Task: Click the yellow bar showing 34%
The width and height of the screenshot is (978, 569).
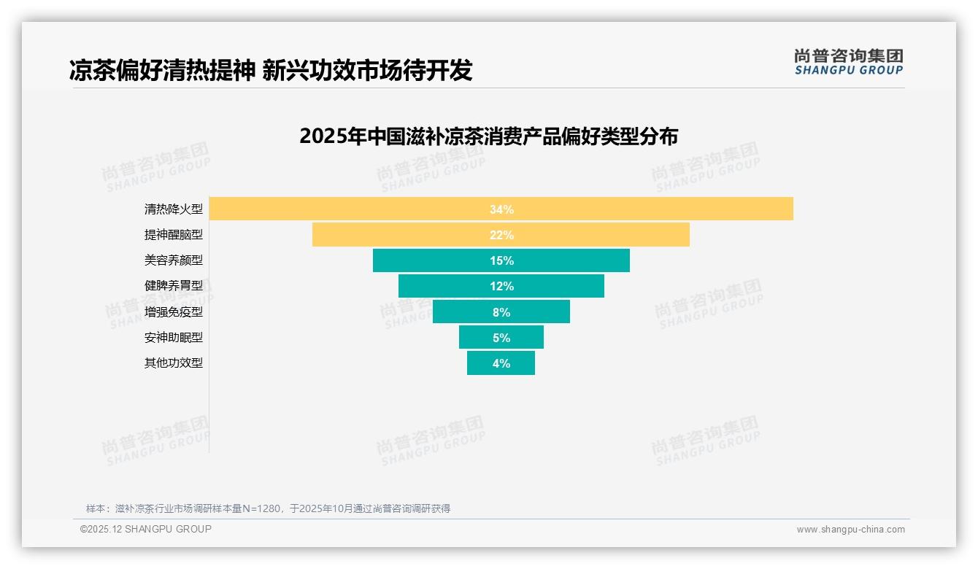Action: tap(501, 209)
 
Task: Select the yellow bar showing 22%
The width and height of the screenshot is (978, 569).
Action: tap(501, 235)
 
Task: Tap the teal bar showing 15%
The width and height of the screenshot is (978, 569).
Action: tap(501, 260)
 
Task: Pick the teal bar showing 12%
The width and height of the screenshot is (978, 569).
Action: tap(501, 286)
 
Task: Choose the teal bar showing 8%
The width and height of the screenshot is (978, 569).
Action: tap(501, 311)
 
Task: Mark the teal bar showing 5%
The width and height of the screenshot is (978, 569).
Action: tap(501, 337)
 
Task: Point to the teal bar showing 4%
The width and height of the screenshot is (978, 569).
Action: tap(501, 363)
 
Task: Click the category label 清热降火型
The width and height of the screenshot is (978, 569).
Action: tap(174, 209)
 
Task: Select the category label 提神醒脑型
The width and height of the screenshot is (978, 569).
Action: tap(174, 235)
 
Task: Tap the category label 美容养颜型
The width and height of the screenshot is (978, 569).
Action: tap(174, 260)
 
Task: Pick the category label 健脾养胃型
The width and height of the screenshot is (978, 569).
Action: tap(174, 286)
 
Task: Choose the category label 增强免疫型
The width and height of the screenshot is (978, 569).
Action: tap(174, 312)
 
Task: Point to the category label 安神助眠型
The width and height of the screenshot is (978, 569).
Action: tap(174, 338)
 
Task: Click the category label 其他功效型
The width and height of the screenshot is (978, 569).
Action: tap(174, 363)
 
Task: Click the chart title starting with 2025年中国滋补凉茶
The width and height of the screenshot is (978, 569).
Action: tap(488, 136)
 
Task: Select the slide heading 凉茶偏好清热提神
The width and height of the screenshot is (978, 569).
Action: tap(271, 70)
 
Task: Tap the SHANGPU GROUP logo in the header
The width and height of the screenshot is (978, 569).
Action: tap(848, 62)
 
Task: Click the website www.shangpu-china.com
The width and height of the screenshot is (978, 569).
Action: tap(850, 530)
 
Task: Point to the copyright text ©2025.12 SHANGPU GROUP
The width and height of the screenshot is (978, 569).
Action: tap(146, 529)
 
